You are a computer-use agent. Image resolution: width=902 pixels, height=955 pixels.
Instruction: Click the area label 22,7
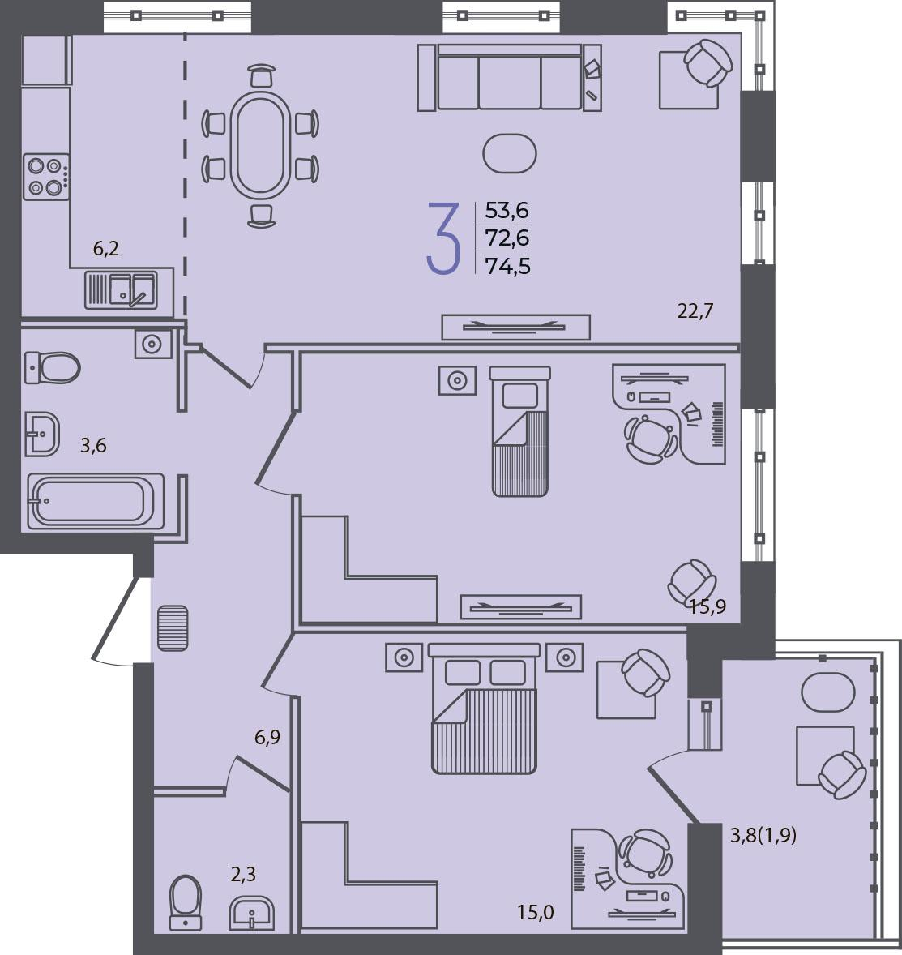click(x=695, y=311)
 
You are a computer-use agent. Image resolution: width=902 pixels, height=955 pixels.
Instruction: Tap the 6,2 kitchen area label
click(x=105, y=249)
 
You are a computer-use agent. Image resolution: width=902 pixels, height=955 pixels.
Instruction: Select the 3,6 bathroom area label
click(x=93, y=445)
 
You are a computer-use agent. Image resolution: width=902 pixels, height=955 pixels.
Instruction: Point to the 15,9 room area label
click(x=707, y=606)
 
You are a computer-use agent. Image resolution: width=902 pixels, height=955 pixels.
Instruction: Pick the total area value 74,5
click(x=507, y=266)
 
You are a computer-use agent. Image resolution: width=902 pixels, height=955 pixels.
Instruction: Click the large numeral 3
click(x=443, y=238)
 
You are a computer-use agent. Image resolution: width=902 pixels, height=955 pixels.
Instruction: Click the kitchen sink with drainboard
click(x=121, y=289)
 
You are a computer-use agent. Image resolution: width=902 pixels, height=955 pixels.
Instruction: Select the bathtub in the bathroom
click(x=96, y=501)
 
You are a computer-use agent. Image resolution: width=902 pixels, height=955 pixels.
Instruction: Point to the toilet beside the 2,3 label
click(x=185, y=902)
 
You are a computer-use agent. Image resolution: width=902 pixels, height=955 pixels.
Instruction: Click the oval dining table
click(x=260, y=145)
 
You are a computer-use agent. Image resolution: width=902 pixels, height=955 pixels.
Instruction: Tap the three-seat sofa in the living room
click(x=509, y=77)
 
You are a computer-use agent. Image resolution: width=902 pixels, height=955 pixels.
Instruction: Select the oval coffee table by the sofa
click(x=509, y=154)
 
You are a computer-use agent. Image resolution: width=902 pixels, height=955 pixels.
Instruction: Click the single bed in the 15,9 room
click(x=520, y=431)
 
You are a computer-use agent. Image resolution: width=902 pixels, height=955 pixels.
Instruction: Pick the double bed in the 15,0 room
click(x=484, y=709)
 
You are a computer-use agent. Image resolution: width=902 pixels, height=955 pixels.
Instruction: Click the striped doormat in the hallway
click(x=173, y=628)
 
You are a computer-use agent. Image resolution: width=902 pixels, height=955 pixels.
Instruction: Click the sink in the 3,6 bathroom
click(x=42, y=435)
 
